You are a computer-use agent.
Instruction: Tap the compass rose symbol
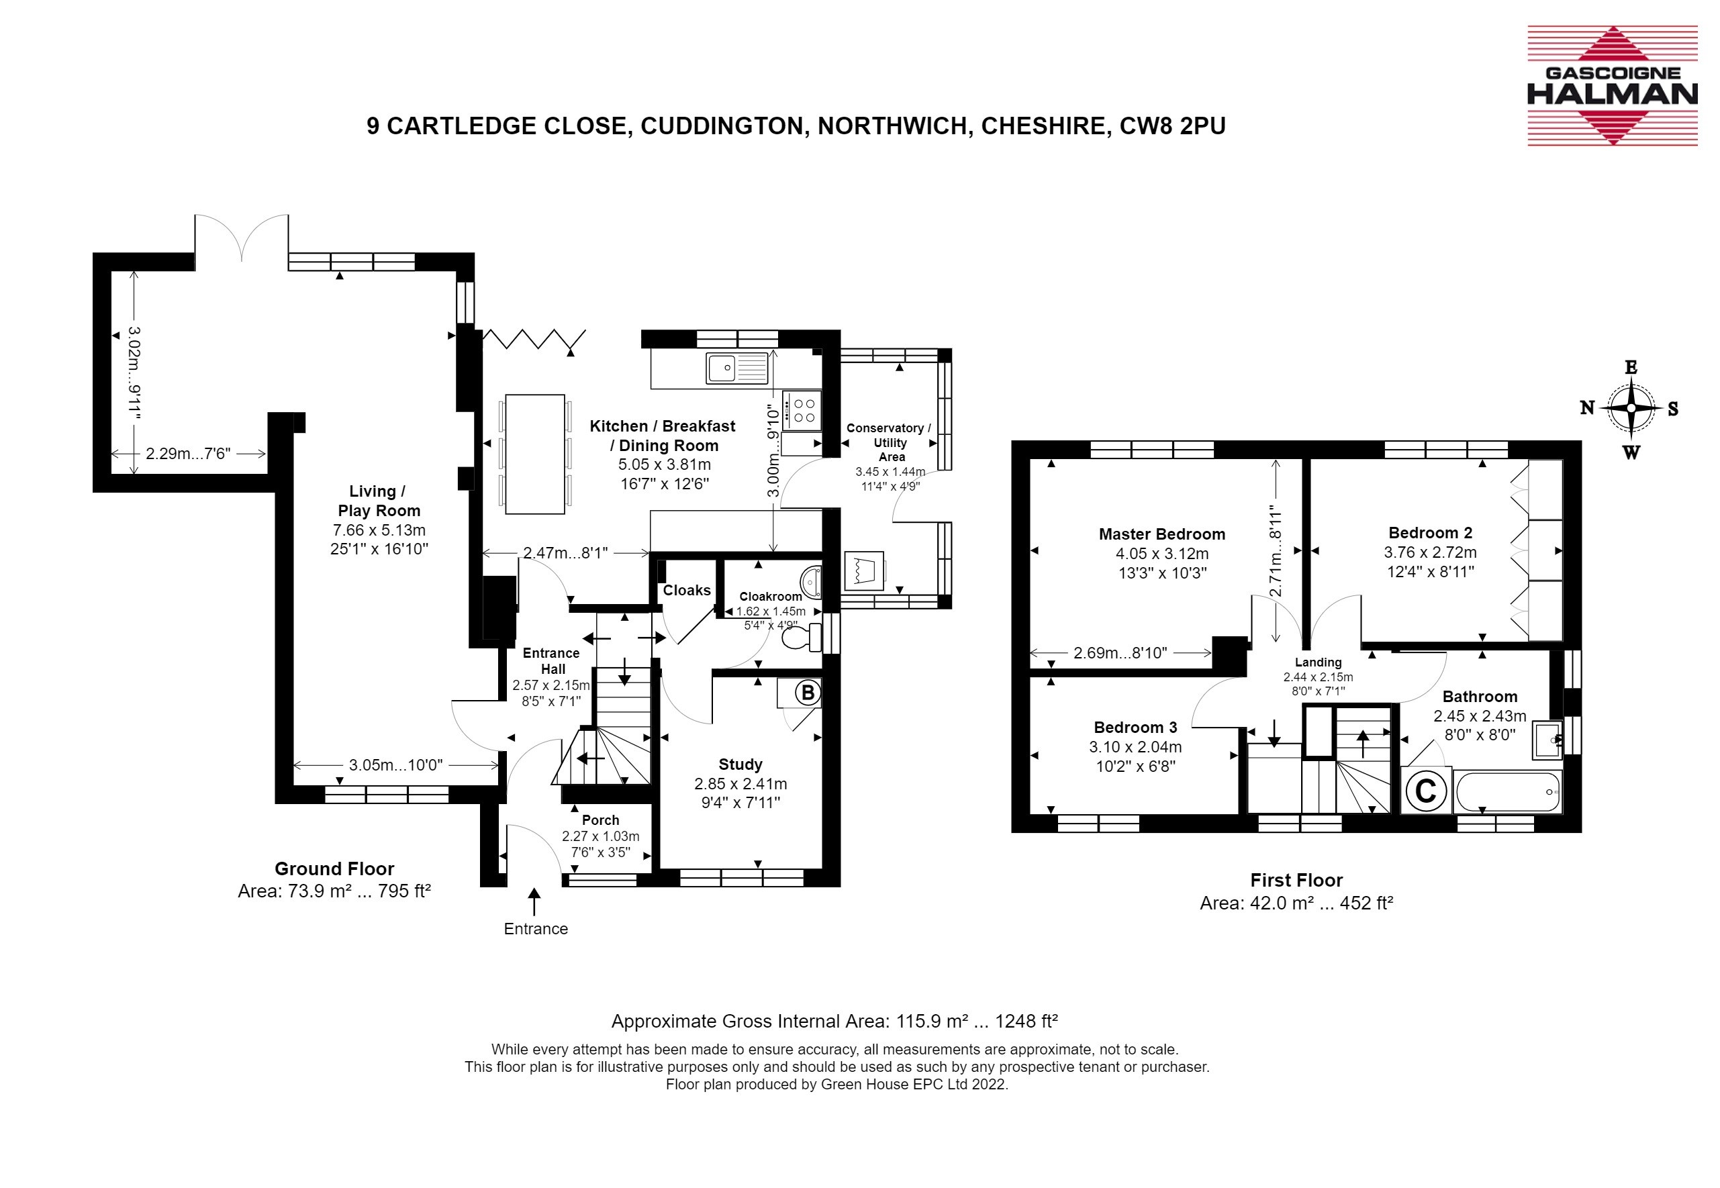tap(1631, 409)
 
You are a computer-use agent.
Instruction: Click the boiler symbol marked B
tap(807, 693)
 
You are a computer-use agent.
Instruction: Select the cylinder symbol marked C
tap(1425, 791)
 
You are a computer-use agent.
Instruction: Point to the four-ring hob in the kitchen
tap(803, 410)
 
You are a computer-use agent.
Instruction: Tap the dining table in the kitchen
tap(534, 454)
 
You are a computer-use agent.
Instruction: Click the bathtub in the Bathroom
tap(1507, 791)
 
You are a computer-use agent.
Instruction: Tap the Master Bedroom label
tap(1161, 534)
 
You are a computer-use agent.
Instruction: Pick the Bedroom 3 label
tap(1135, 728)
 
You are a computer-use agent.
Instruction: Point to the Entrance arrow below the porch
tap(534, 901)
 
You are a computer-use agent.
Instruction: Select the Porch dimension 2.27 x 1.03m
tap(600, 836)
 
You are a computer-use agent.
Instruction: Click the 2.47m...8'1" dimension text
tap(565, 552)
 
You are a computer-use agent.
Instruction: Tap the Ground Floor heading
tap(334, 869)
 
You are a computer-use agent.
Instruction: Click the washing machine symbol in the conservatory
tap(865, 571)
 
